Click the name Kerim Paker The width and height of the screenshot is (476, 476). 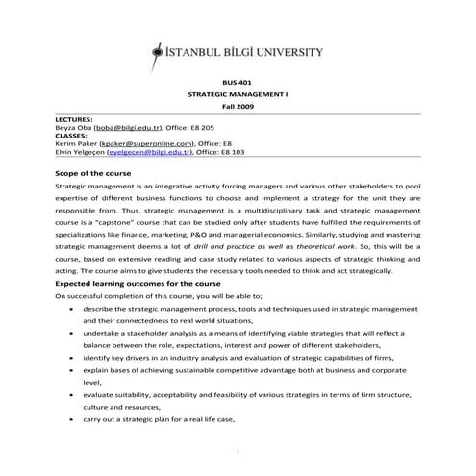click(79, 144)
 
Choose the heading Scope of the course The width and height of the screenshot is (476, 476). click(94, 170)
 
